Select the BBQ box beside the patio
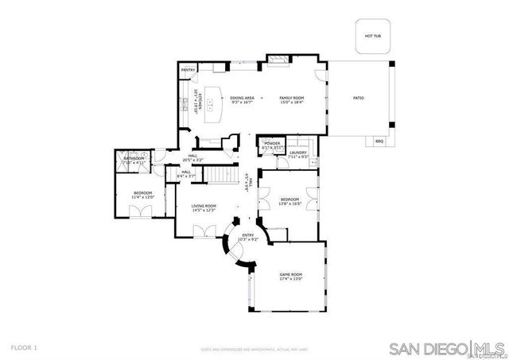pos(379,141)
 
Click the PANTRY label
pos(188,70)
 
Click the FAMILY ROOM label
pos(292,97)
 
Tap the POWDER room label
pos(273,143)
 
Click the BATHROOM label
pos(134,158)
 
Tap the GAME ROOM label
pos(290,274)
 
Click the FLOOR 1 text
pos(24,347)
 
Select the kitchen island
pos(213,104)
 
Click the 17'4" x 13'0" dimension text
pos(290,279)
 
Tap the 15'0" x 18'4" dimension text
pos(292,103)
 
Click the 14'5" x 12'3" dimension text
pos(204,211)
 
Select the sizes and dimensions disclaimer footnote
pos(254,349)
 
